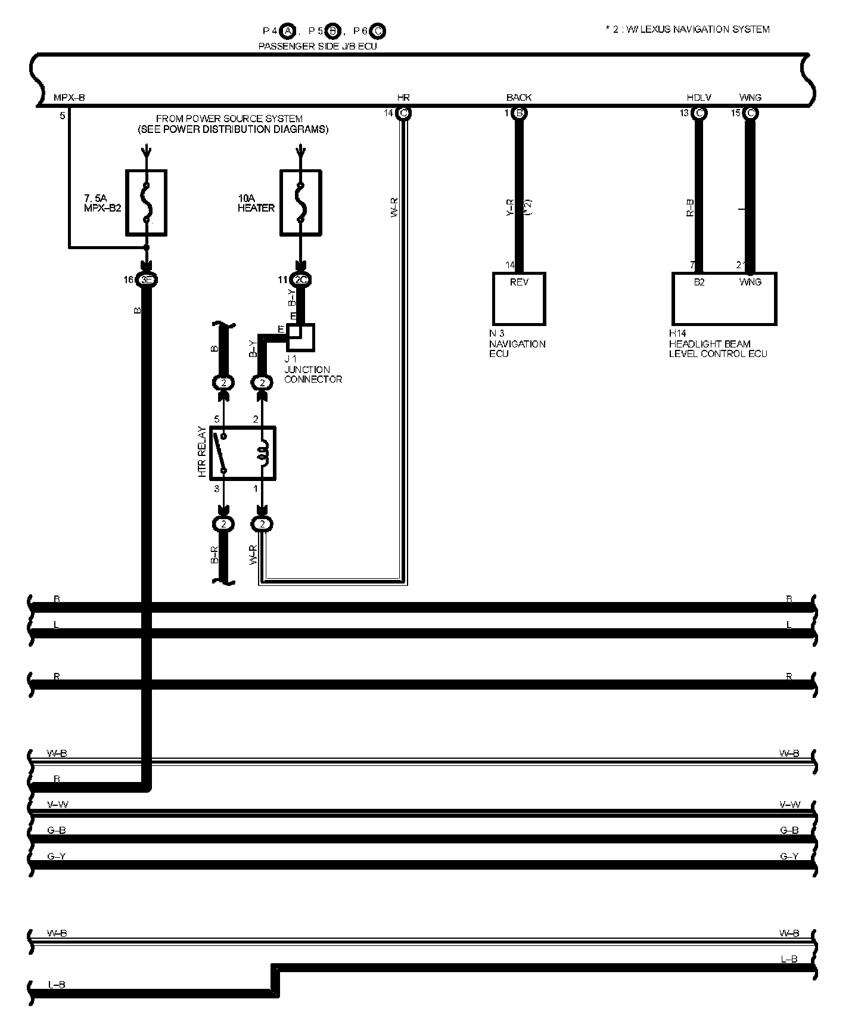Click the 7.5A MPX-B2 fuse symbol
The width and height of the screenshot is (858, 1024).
point(146,203)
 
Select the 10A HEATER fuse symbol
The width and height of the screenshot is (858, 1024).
point(301,203)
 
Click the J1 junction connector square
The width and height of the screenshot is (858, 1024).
point(301,337)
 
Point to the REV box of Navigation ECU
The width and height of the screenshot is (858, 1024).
point(519,298)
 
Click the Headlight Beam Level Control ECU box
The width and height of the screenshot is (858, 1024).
point(724,298)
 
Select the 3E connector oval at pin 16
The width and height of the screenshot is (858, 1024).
point(146,280)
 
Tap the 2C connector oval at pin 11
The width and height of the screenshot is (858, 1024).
point(300,280)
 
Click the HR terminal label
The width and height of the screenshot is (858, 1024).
point(403,98)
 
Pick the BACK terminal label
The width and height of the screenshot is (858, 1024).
point(519,98)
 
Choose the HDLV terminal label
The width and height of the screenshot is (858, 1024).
point(699,98)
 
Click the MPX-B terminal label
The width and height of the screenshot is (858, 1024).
point(69,98)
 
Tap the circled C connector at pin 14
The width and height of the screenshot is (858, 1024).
point(403,113)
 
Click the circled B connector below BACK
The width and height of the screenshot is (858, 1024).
point(519,113)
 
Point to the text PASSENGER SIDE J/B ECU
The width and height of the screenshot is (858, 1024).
point(318,46)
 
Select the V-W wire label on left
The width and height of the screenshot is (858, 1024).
point(57,805)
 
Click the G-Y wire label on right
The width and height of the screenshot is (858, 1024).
point(789,857)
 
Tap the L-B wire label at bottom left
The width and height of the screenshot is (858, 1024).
point(57,985)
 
